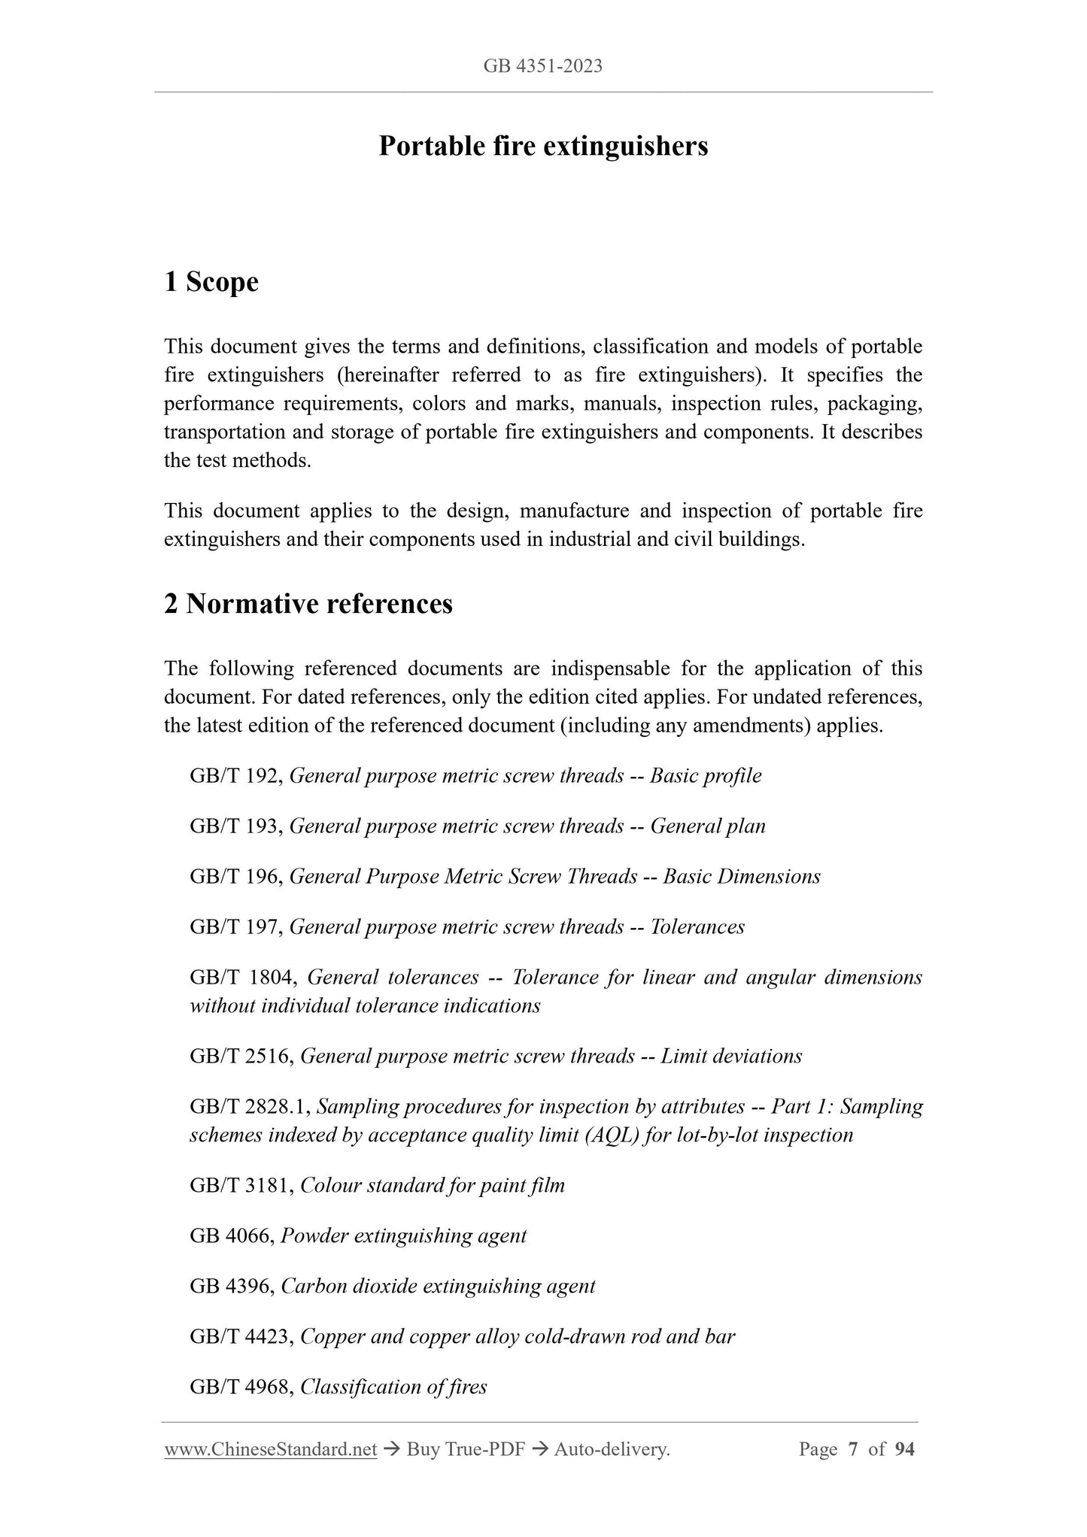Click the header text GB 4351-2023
(x=542, y=66)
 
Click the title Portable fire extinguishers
(x=543, y=146)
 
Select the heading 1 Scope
(x=211, y=282)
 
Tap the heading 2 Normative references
(x=308, y=604)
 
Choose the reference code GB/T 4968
(x=241, y=1387)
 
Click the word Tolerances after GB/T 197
(x=697, y=927)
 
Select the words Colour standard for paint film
(x=433, y=1186)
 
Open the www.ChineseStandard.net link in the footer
(x=270, y=1450)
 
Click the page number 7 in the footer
(x=853, y=1450)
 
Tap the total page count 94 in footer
(x=905, y=1450)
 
